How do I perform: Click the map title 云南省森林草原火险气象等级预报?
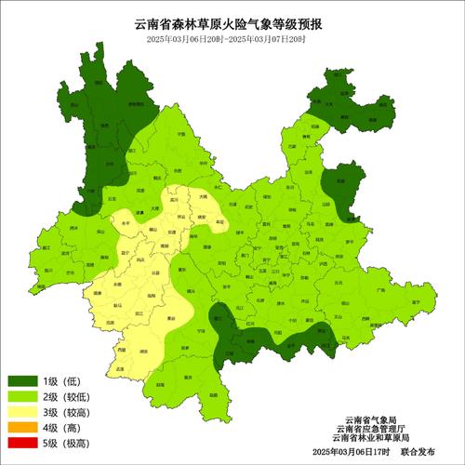click(232, 25)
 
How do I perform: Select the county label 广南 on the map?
click(379, 289)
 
